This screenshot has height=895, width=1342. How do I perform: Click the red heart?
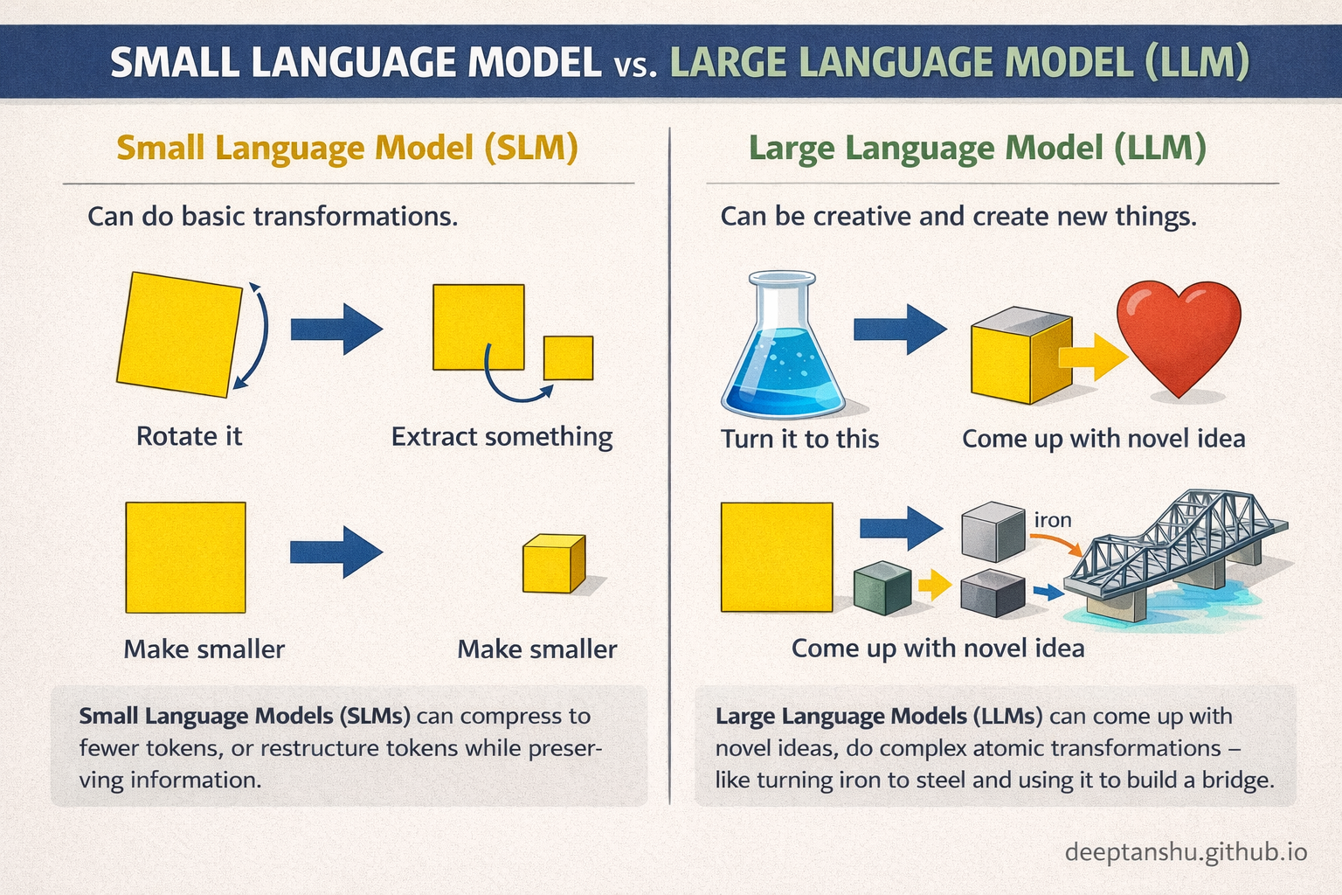[x=1179, y=336]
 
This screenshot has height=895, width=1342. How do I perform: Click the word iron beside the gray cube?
[x=1053, y=520]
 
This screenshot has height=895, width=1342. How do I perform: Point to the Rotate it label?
[x=189, y=436]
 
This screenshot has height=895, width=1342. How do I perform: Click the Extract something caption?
[x=502, y=436]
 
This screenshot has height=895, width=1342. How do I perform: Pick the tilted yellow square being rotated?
[x=179, y=334]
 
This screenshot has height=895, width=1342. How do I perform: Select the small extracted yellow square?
[x=568, y=357]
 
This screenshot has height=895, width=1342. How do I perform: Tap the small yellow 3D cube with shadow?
[x=552, y=565]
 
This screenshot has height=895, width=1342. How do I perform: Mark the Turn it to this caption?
[x=799, y=439]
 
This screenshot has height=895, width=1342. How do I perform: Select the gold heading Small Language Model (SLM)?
[x=347, y=148]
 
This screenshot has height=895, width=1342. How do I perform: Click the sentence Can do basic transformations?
[x=273, y=216]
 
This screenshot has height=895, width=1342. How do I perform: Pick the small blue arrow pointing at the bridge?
[x=1046, y=593]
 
